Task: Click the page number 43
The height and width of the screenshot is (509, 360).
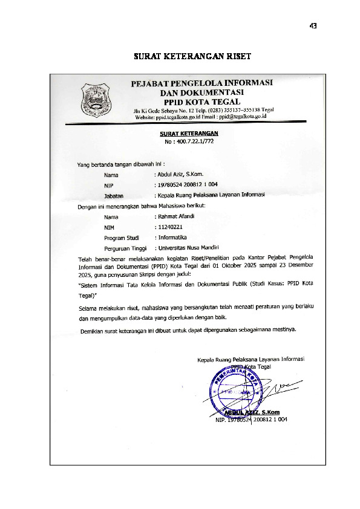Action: click(313, 26)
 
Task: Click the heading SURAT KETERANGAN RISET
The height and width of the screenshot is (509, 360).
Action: click(192, 57)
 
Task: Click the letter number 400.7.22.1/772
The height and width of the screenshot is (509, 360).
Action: click(189, 140)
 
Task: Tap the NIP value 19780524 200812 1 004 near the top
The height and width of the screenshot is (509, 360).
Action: click(186, 185)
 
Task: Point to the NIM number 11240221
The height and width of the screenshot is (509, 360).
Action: click(169, 227)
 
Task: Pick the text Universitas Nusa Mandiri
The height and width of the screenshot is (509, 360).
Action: click(188, 248)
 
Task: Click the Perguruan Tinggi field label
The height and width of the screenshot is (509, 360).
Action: click(126, 248)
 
